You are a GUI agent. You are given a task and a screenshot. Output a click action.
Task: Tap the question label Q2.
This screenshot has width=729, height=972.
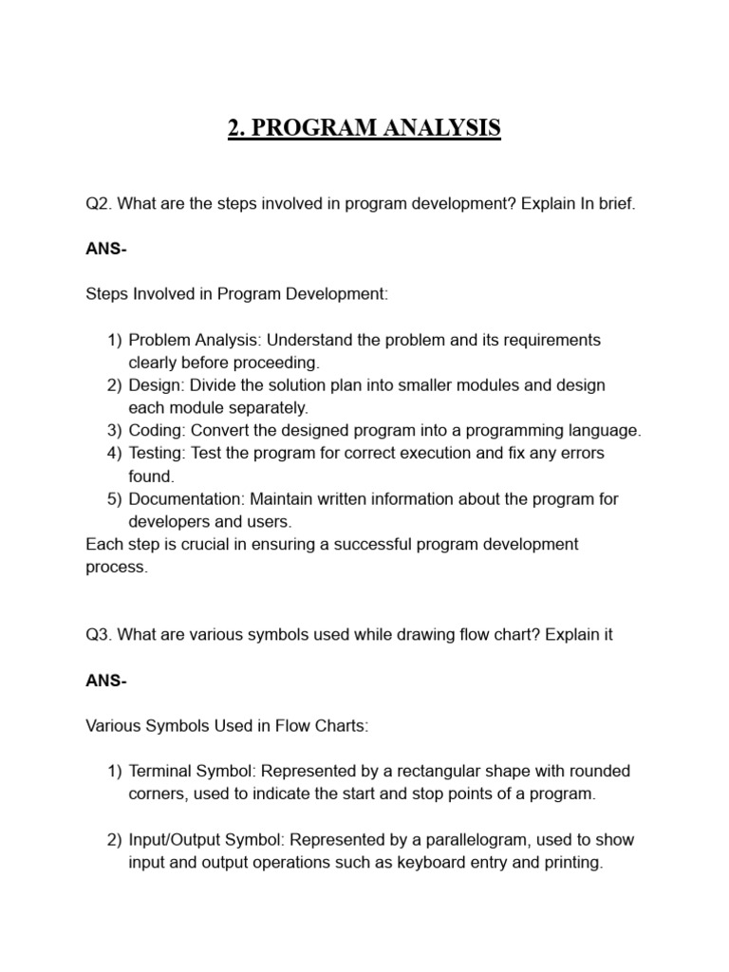[x=98, y=204]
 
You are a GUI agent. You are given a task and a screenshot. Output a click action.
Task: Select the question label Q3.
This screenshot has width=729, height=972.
[x=98, y=635]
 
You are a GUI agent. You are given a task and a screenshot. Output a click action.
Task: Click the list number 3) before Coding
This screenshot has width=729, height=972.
[x=115, y=431]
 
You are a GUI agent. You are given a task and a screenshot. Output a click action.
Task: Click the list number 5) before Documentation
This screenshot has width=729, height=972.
[x=115, y=499]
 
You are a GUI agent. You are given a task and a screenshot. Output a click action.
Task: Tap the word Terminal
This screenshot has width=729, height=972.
[x=159, y=772]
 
